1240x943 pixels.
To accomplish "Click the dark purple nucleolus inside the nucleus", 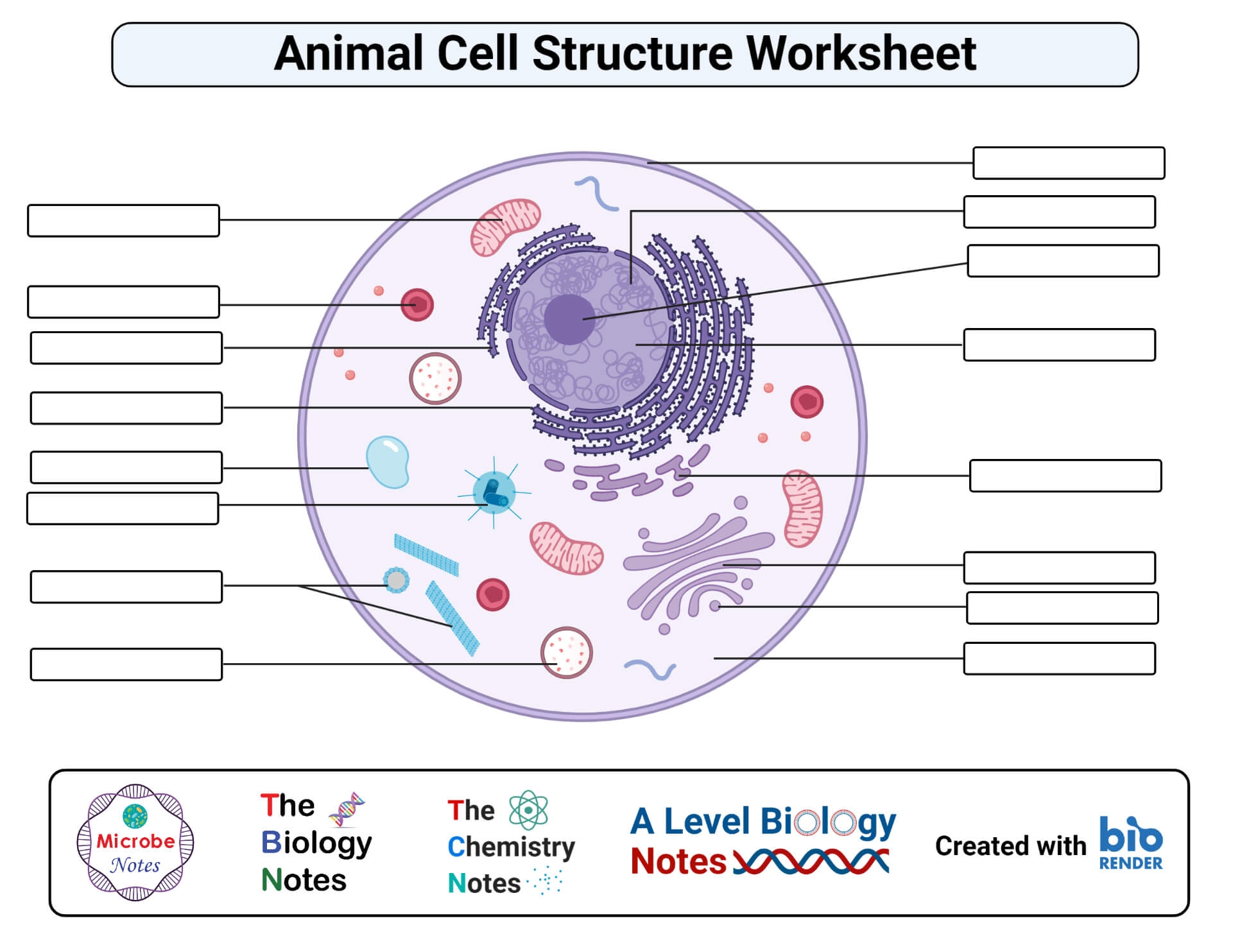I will [569, 320].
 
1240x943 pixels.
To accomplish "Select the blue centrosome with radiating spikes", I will [494, 492].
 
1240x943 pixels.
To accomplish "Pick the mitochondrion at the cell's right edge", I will [802, 508].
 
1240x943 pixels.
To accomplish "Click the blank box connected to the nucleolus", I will [1063, 261].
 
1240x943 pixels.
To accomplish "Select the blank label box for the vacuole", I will [126, 467].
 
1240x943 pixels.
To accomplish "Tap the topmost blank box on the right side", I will [1069, 163].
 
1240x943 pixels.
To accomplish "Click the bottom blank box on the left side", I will [126, 664].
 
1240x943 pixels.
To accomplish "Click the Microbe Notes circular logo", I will [135, 842].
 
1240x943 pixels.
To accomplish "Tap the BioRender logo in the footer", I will [1130, 843].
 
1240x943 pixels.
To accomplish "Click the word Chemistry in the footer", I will [511, 847].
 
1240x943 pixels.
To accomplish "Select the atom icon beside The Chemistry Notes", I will [528, 810].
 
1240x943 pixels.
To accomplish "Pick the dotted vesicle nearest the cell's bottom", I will [566, 653].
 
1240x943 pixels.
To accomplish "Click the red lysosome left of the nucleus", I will [417, 305].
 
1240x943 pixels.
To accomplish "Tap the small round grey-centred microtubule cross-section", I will [397, 580].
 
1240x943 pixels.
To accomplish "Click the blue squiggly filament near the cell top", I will [597, 194].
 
